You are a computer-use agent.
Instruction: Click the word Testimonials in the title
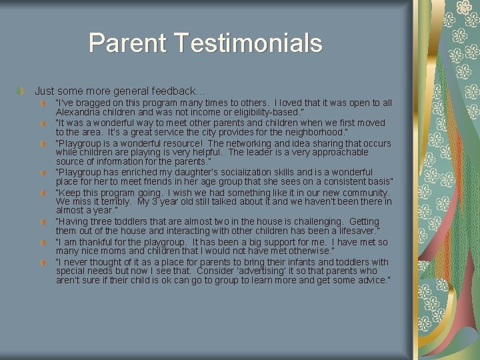coord(249,43)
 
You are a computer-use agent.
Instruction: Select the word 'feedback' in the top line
coord(173,91)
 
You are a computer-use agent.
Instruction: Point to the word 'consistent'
coord(345,181)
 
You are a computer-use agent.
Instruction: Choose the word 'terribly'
coord(110,201)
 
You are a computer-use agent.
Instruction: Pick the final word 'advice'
coord(371,280)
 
